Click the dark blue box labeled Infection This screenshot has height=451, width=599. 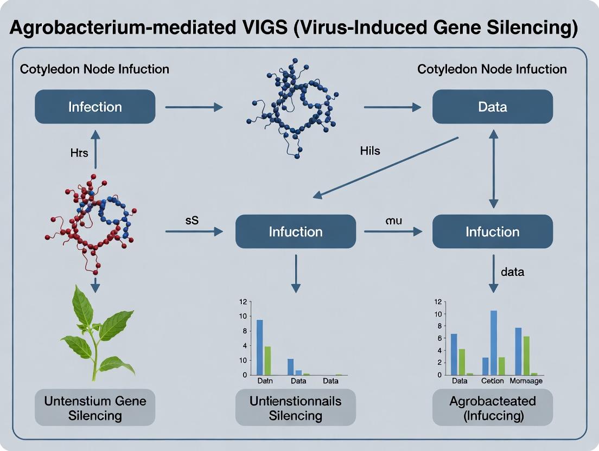click(x=95, y=107)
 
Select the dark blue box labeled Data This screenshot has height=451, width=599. click(x=492, y=107)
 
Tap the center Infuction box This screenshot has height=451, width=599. click(x=295, y=232)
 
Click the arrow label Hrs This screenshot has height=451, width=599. click(x=79, y=153)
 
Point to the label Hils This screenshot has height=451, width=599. click(x=370, y=151)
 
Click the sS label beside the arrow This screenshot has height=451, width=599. click(x=192, y=221)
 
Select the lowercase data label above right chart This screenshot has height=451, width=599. click(x=512, y=272)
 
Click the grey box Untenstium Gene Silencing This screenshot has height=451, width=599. click(x=95, y=408)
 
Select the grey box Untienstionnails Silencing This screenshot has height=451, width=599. click(x=295, y=408)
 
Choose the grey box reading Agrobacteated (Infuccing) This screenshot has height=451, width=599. click(x=492, y=408)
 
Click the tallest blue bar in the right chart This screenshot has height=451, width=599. click(x=493, y=342)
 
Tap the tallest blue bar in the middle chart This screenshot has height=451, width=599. click(x=260, y=347)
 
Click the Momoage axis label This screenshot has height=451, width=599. click(x=526, y=381)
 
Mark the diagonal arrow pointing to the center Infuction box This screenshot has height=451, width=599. click(x=386, y=169)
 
